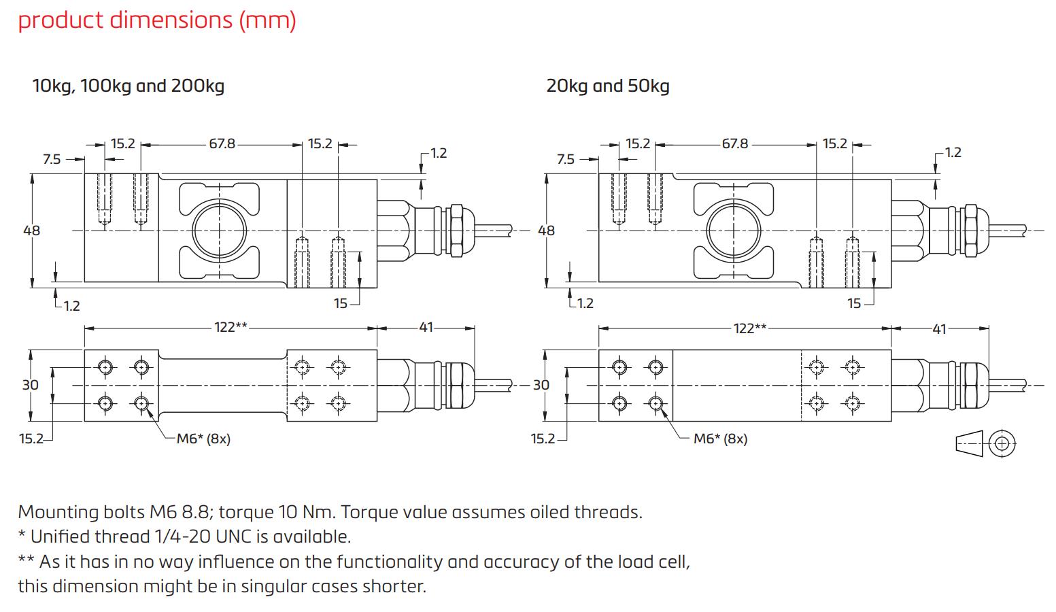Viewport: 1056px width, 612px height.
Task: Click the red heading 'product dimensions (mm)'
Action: coord(157,20)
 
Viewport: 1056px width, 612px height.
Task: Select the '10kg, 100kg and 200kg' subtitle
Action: coord(129,86)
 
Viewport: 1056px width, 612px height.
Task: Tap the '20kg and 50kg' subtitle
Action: coord(607,86)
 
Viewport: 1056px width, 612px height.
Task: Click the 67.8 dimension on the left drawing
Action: coord(222,144)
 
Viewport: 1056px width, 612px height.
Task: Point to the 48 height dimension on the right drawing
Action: coord(546,231)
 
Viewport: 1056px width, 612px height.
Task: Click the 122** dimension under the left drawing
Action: coord(231,327)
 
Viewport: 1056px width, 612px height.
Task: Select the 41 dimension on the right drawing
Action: coord(939,328)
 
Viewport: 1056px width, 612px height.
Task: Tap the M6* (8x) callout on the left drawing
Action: coord(203,439)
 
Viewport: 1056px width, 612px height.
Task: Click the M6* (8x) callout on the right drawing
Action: coord(720,439)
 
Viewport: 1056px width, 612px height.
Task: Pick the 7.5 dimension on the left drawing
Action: coord(52,159)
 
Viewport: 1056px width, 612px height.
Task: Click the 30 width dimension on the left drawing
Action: coord(31,385)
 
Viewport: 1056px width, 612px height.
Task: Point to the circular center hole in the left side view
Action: coord(218,231)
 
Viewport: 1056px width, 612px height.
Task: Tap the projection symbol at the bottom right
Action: coord(986,443)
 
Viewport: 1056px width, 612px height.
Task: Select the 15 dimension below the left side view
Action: coord(341,303)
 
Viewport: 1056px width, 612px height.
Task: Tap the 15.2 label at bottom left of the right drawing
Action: coord(543,439)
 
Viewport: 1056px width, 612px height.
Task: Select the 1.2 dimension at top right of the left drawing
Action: coord(439,152)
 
